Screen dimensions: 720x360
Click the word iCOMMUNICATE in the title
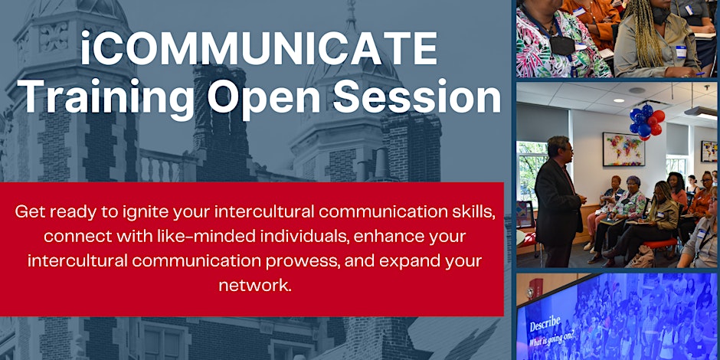click(259, 48)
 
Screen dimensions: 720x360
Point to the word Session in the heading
click(417, 96)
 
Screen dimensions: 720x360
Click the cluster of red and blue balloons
click(646, 122)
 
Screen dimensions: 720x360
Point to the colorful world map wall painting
click(623, 149)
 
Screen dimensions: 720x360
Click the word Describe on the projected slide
click(545, 325)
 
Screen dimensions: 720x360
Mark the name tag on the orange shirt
click(579, 11)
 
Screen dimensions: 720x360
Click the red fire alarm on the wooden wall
click(535, 287)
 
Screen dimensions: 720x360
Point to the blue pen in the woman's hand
click(700, 74)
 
